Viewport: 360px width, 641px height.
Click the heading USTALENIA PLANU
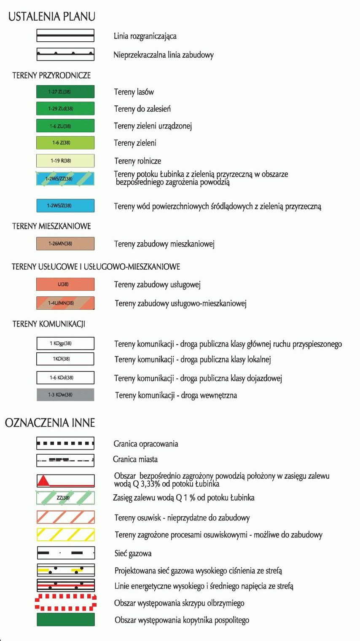click(x=52, y=16)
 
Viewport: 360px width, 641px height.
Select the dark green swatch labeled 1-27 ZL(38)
click(x=65, y=91)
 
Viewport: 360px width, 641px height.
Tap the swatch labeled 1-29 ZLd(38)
click(x=65, y=108)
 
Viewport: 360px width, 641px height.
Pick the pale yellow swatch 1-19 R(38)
click(x=65, y=161)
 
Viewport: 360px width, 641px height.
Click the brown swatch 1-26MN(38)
click(x=65, y=244)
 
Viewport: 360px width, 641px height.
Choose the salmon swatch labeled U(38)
click(x=65, y=284)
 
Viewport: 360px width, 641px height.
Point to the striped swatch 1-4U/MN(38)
click(x=65, y=303)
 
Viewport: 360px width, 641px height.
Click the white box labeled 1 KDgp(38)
click(x=65, y=343)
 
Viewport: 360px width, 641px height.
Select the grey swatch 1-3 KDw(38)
click(x=65, y=394)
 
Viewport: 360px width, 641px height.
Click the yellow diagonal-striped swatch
click(x=65, y=534)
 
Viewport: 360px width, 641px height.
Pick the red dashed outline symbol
click(x=65, y=603)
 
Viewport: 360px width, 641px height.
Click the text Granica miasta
click(x=135, y=459)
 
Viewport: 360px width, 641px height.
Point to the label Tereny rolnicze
click(x=137, y=161)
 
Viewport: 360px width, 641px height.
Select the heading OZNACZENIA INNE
click(x=50, y=423)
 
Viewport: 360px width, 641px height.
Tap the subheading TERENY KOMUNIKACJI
click(x=49, y=324)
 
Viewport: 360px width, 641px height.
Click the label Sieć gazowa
click(x=133, y=553)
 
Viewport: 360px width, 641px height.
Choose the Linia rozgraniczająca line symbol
click(x=65, y=35)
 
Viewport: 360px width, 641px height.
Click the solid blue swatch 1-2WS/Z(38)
click(x=65, y=206)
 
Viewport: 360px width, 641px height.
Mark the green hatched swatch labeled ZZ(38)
click(x=65, y=498)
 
